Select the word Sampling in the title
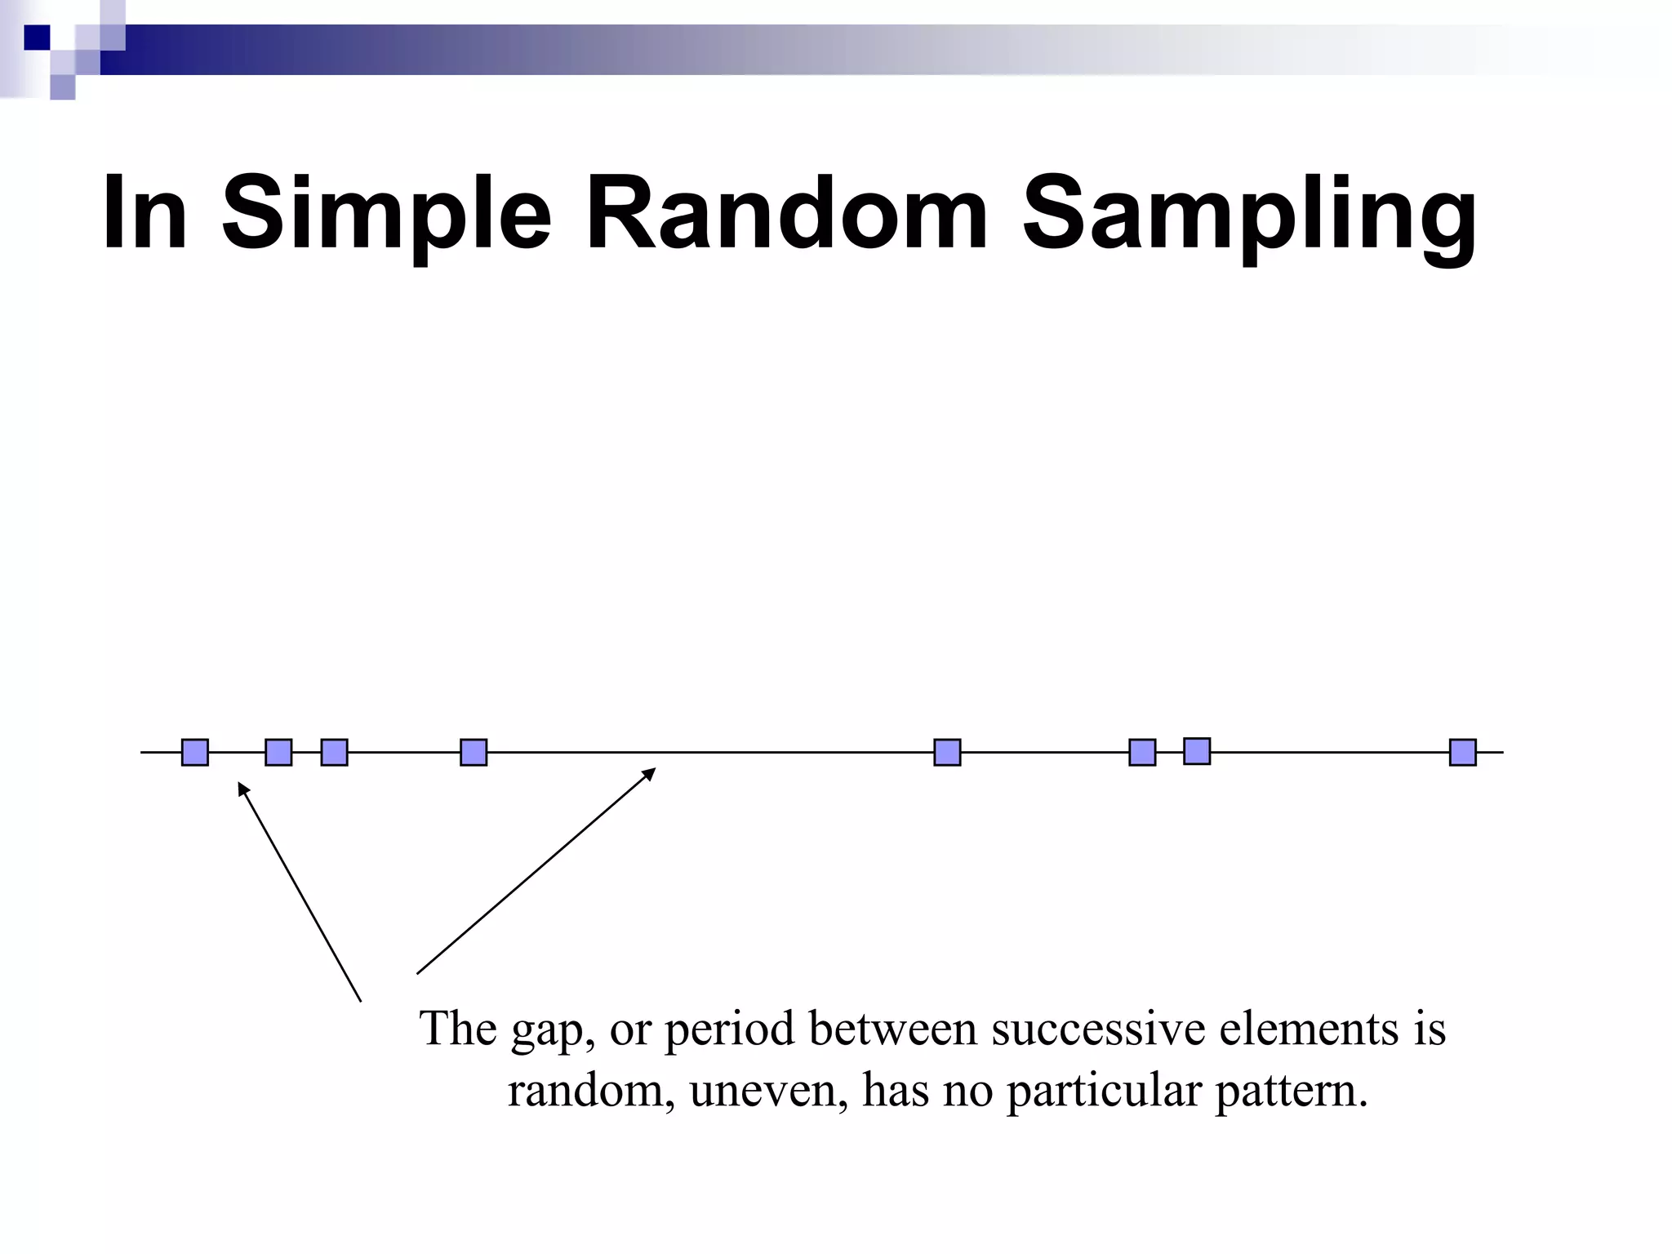pos(1248,214)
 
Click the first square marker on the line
pos(195,752)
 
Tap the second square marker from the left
pos(278,752)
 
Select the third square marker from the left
pos(334,752)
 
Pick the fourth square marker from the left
pos(474,752)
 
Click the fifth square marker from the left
pos(947,752)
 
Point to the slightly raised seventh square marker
pos(1197,750)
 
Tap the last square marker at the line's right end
pos(1462,752)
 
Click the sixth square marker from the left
pos(1142,752)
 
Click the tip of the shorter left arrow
pos(239,784)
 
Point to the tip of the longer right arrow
pos(654,769)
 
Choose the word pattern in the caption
pos(1290,1091)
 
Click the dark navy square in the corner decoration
pos(37,38)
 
